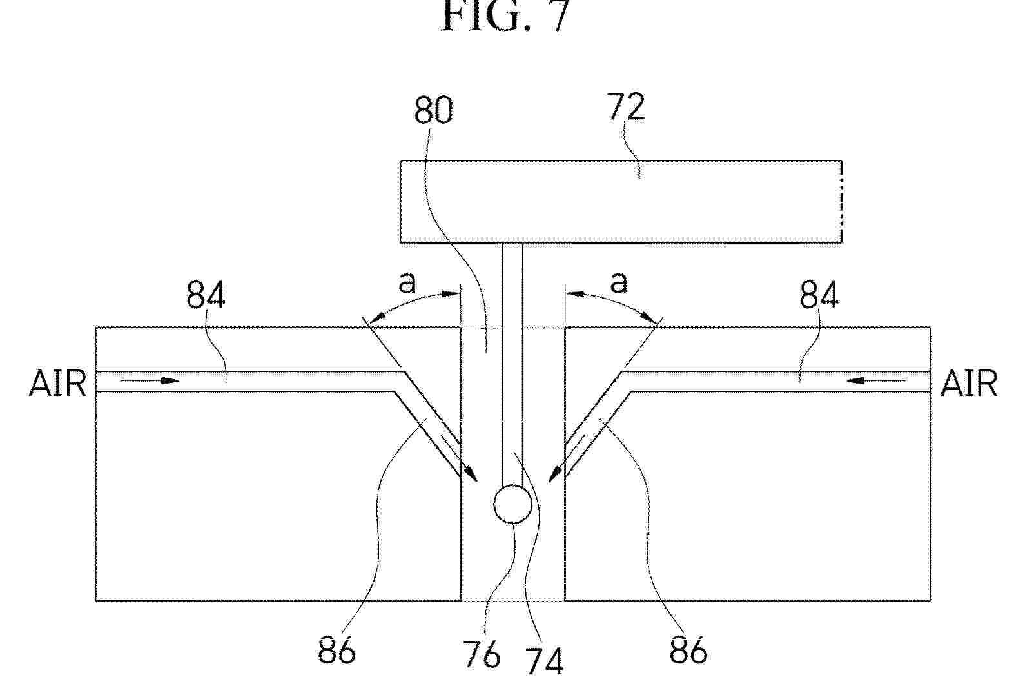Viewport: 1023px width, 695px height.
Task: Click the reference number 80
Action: click(433, 110)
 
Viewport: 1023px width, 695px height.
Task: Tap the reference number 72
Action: click(626, 107)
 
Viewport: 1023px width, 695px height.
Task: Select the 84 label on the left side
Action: click(206, 295)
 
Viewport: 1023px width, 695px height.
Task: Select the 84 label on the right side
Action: click(819, 295)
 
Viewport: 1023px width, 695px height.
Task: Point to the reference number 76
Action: click(482, 654)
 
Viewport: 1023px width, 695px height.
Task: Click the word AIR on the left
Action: click(57, 384)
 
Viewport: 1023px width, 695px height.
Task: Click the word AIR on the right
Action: click(969, 384)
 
